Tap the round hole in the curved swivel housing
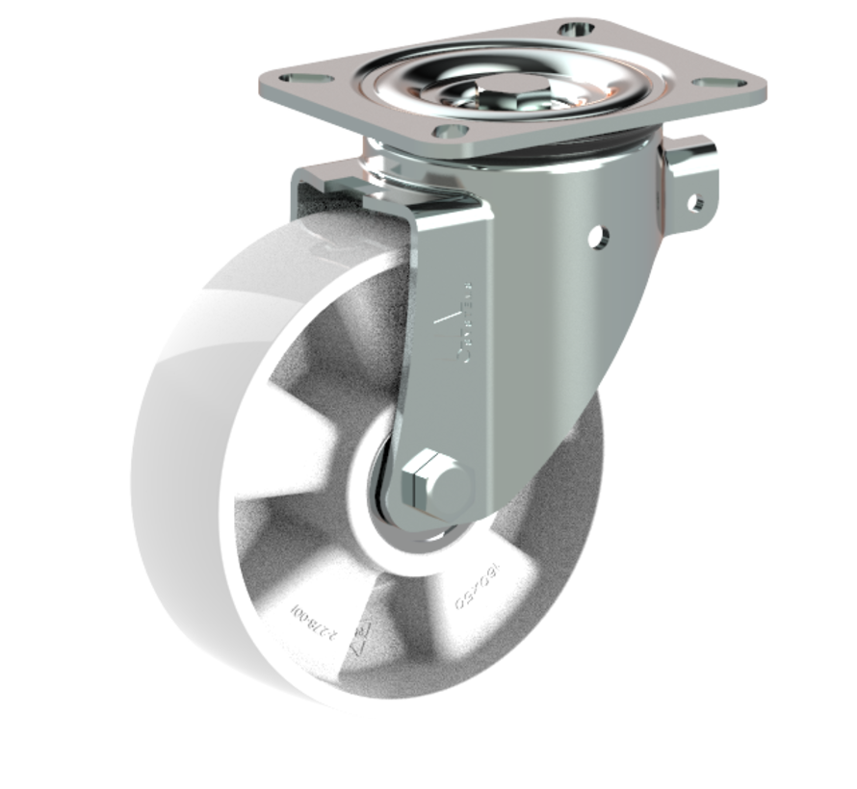(600, 234)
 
